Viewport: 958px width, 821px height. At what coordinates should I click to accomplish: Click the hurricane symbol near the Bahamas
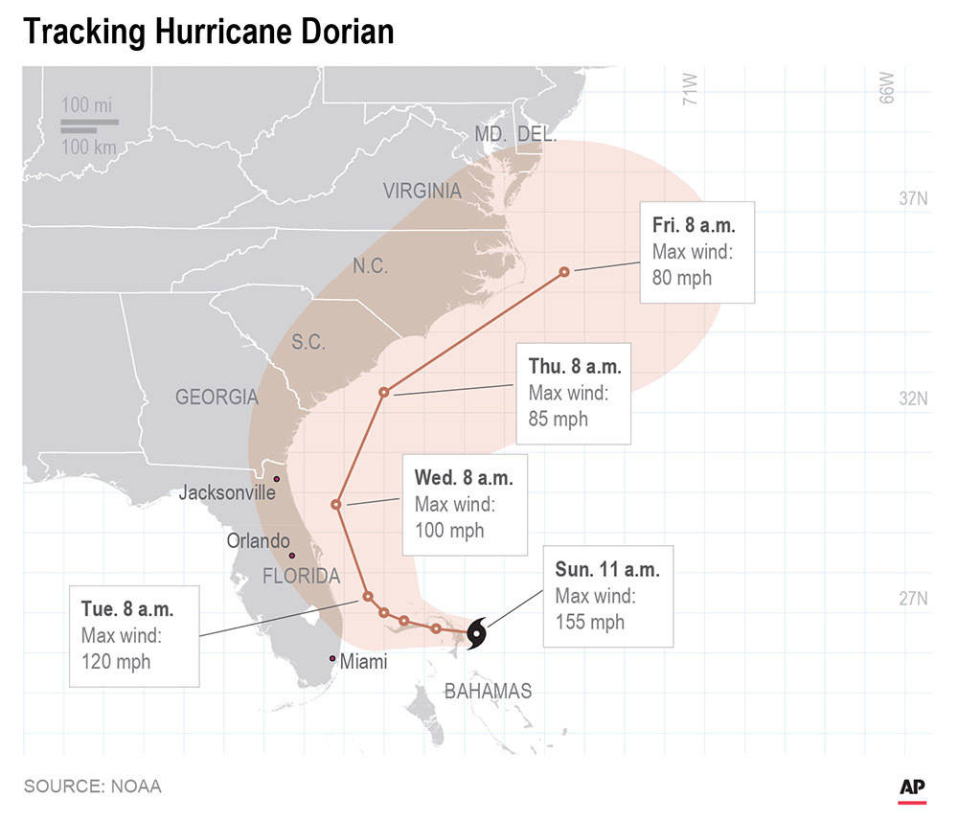click(477, 633)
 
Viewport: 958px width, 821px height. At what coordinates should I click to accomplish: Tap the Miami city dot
click(332, 658)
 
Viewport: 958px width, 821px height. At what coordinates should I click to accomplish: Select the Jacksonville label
click(227, 493)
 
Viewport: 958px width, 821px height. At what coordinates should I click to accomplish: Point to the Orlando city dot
click(292, 556)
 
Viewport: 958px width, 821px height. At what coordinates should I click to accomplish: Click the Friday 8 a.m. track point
click(564, 271)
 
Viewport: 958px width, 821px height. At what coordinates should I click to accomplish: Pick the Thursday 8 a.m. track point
click(384, 392)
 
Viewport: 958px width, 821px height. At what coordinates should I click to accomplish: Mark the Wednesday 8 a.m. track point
click(336, 504)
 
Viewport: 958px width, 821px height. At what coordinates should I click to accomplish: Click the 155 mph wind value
click(590, 622)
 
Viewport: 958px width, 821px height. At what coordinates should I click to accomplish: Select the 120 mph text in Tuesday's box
click(116, 661)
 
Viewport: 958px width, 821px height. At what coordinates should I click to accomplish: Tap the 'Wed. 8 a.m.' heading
click(463, 478)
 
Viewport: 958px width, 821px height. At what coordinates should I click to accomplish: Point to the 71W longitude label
click(690, 88)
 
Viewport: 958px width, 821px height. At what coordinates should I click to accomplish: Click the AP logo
click(912, 787)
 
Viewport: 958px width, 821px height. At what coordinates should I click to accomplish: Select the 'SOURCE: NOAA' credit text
click(93, 787)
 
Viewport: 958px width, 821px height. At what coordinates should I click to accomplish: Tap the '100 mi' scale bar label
click(87, 105)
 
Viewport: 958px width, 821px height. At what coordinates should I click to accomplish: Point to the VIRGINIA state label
click(422, 191)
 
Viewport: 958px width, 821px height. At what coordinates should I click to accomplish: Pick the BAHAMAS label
click(488, 691)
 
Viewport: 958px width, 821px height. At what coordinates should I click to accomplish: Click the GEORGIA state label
click(217, 397)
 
